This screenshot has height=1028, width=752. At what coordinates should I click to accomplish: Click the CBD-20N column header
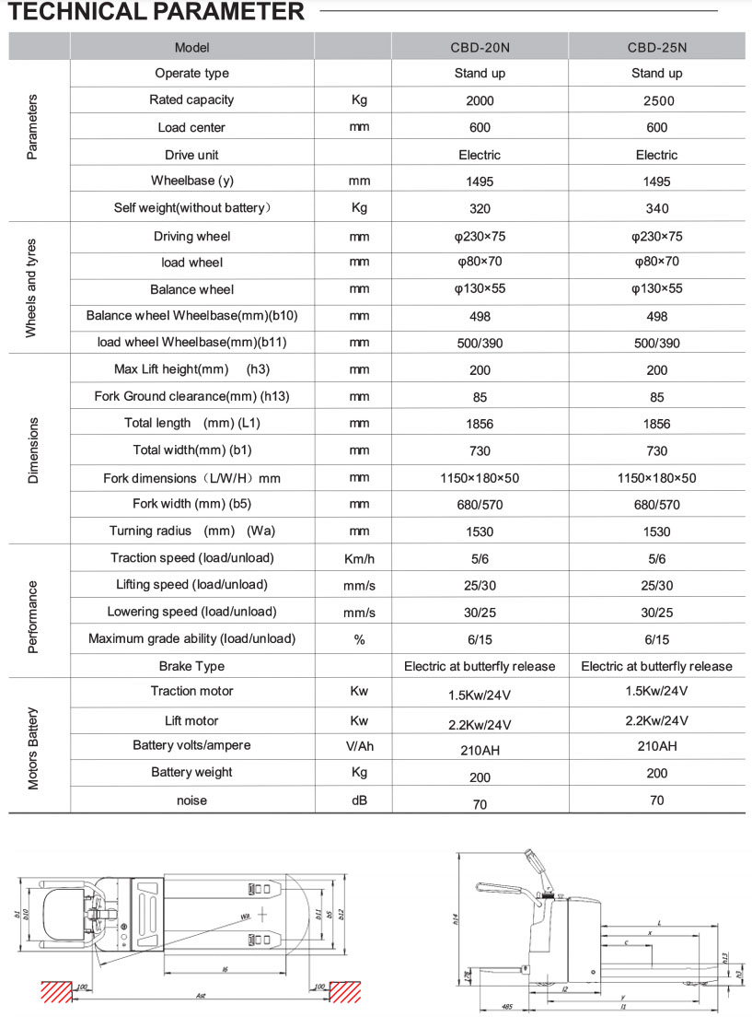tap(480, 47)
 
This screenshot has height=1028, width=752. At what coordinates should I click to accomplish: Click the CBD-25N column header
tap(656, 47)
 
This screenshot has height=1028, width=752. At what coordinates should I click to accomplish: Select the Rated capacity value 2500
tap(656, 100)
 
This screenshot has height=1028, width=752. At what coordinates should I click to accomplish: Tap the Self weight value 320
tap(480, 208)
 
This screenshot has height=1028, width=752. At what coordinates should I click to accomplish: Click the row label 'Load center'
tap(191, 127)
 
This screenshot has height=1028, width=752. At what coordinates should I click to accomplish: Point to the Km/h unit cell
tap(359, 559)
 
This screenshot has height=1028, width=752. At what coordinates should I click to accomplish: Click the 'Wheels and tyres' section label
tap(31, 287)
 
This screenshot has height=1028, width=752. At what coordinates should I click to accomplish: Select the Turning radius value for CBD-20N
tap(480, 532)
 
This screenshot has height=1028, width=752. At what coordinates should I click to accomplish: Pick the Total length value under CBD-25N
tap(656, 425)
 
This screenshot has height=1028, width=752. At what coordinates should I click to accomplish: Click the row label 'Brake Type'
tap(191, 666)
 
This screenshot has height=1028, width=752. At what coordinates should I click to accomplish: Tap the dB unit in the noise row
tap(359, 800)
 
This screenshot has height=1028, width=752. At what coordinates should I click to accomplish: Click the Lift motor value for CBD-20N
tap(480, 723)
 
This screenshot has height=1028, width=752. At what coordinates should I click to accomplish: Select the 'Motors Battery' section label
tap(31, 747)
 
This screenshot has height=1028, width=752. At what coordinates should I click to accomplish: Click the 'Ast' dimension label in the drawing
tap(200, 997)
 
